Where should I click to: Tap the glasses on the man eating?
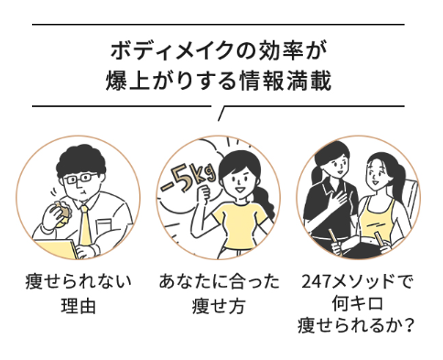(81, 179)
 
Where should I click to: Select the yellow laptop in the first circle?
(58, 249)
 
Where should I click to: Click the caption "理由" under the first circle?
(78, 306)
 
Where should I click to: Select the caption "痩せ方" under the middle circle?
(219, 306)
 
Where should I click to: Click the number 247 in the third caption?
(316, 281)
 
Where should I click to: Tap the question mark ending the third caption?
(407, 325)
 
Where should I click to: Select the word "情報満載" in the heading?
(285, 81)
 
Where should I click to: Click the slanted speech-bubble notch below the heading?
(221, 114)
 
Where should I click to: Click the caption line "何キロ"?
(357, 303)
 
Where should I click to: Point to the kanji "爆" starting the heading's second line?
(115, 81)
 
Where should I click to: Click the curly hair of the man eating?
(81, 160)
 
